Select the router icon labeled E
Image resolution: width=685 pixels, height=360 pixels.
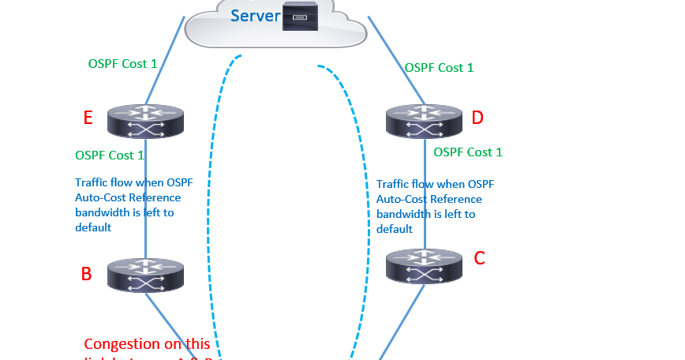click(145, 120)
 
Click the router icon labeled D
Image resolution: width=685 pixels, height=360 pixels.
click(425, 120)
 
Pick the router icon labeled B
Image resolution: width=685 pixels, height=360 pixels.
click(145, 273)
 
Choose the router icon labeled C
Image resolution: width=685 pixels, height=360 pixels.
click(425, 266)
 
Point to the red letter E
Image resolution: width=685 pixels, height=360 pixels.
click(88, 118)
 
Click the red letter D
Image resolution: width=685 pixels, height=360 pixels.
click(477, 118)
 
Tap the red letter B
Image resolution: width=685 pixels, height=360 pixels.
click(87, 274)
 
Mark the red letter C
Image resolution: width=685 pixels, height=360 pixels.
click(479, 257)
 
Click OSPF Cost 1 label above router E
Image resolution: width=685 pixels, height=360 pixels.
click(122, 63)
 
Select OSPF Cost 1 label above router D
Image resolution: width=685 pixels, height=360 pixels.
click(439, 68)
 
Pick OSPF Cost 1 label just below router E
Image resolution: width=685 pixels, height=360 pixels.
click(109, 155)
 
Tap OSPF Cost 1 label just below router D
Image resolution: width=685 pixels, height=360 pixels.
click(468, 152)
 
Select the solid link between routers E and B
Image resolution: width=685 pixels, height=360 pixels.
click(145, 241)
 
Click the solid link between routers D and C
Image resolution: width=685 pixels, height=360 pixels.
click(425, 189)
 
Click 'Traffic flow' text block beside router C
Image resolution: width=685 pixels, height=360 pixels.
click(435, 206)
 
